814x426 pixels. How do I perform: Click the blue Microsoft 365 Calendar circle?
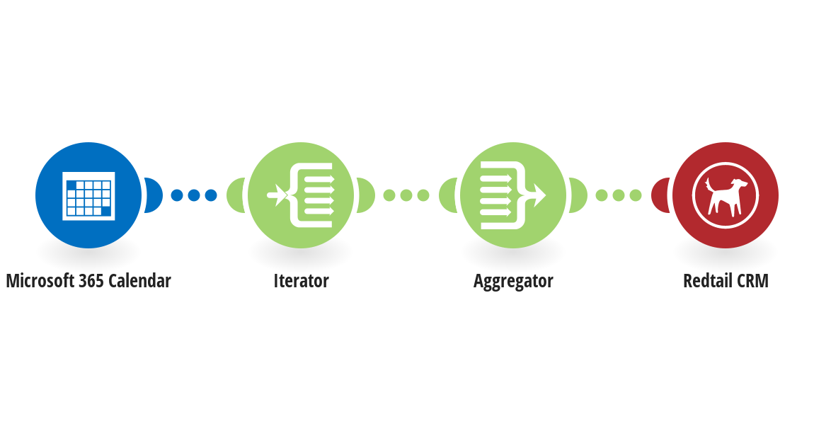click(x=88, y=195)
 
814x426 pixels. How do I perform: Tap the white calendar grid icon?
click(x=88, y=195)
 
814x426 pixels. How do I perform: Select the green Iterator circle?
click(x=301, y=195)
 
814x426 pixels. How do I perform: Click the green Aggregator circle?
click(x=513, y=195)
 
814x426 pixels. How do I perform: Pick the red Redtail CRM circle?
click(x=726, y=195)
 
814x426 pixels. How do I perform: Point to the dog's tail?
click(x=709, y=184)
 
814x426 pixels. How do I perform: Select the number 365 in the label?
click(x=91, y=281)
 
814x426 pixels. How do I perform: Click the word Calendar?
click(x=140, y=281)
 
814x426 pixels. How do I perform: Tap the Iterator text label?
click(x=301, y=281)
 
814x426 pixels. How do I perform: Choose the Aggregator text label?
click(x=513, y=282)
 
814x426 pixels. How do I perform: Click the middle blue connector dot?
click(x=194, y=195)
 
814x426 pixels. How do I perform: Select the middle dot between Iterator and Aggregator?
click(x=406, y=195)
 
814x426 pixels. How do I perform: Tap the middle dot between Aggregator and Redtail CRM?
click(x=619, y=195)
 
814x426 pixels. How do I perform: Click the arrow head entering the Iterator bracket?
click(x=282, y=195)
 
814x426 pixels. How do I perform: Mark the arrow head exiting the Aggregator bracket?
click(x=539, y=195)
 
